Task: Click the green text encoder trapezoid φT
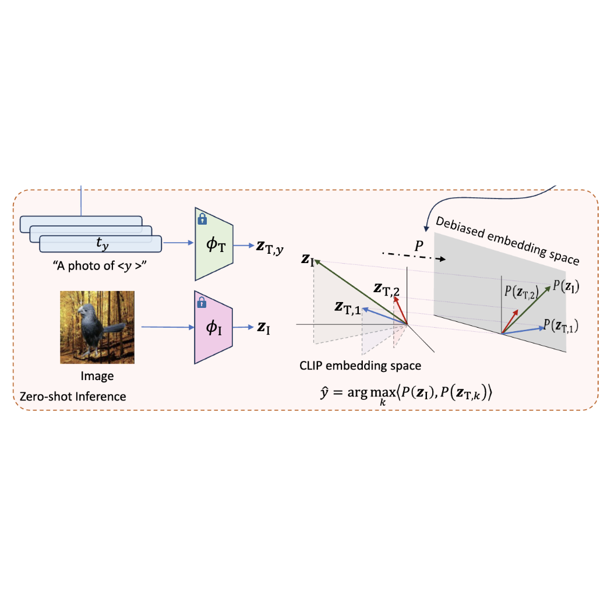213,244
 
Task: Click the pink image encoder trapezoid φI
213,328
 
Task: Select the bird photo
97,327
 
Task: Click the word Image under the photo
97,376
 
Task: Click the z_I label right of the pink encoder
264,328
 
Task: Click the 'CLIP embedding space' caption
359,366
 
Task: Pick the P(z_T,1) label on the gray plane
562,326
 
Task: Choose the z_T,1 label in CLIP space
349,307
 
